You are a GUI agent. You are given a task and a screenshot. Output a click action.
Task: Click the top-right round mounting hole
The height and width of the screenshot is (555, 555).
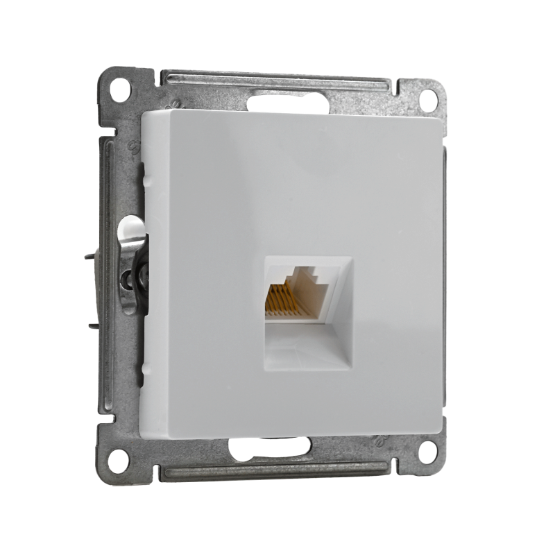pyautogui.click(x=428, y=99)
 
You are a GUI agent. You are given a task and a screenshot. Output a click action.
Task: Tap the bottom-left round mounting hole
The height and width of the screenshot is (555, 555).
pyautogui.click(x=118, y=460)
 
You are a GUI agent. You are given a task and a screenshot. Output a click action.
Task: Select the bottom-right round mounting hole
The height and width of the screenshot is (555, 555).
pyautogui.click(x=427, y=451)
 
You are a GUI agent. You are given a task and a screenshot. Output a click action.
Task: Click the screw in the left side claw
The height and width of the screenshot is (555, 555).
pyautogui.click(x=129, y=279)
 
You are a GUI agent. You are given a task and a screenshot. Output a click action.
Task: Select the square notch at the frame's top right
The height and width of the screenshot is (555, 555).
pyautogui.click(x=402, y=87)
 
